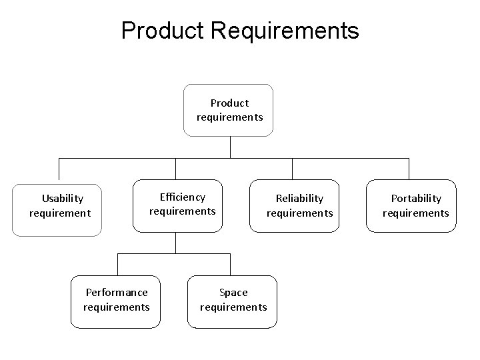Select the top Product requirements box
point(229,110)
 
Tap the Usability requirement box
point(57,210)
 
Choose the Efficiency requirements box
point(178,205)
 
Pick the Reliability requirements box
point(295,206)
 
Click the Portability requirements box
point(411,206)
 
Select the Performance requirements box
point(116,302)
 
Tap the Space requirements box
point(232,302)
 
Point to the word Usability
point(63,198)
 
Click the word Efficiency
point(183,197)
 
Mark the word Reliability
point(299,198)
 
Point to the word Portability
point(416,198)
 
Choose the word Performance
point(117,292)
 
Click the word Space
point(233,292)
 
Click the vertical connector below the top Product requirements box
point(230,147)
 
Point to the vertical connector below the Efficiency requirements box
point(175,243)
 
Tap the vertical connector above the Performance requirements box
point(117,265)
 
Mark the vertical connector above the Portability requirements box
point(408,169)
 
